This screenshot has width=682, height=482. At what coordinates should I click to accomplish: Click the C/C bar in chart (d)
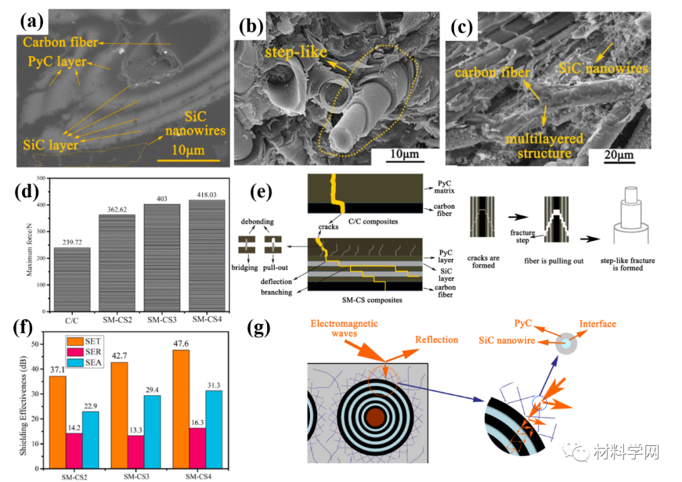tap(71, 279)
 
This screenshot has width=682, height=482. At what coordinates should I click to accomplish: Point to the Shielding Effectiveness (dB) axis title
tap(23, 398)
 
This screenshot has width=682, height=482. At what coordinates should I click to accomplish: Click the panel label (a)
tap(30, 21)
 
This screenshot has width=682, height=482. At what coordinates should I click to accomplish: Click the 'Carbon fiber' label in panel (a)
tap(61, 43)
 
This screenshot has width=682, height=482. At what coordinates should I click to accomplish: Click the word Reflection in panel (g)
tap(436, 340)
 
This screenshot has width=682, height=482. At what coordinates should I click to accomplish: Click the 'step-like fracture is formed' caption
tap(633, 263)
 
